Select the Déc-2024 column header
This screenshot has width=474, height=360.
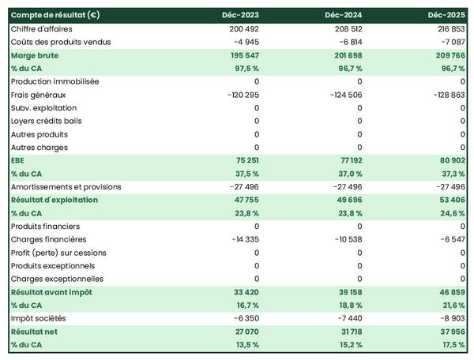pos(344,15)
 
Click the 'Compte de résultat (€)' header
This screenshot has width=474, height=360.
pos(55,15)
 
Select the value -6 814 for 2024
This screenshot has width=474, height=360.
pos(348,42)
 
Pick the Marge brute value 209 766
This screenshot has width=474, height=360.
pos(448,55)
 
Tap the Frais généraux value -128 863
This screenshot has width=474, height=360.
pos(446,95)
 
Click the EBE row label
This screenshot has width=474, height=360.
pos(18,160)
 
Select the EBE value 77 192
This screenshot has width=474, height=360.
pos(348,160)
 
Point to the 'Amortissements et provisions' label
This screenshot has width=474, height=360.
pos(66,187)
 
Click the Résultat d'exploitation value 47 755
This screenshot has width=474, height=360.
pos(244,200)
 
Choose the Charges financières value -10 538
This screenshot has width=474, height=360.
pos(345,239)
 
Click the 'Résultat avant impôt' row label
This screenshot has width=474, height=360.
pos(51,292)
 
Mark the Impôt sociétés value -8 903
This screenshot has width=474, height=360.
pos(450,318)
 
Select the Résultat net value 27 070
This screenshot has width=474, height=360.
pos(244,332)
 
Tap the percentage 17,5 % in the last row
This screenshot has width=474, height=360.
pos(451,345)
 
